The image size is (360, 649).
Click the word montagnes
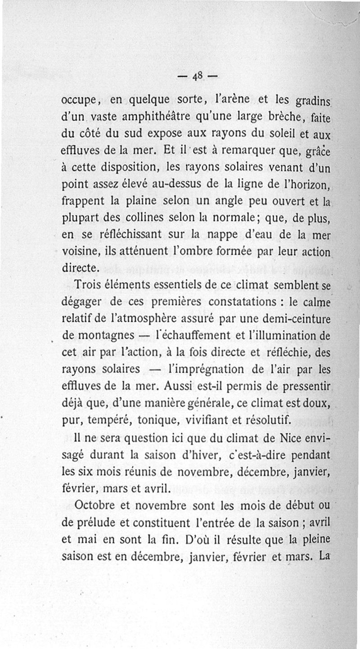click(x=102, y=336)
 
